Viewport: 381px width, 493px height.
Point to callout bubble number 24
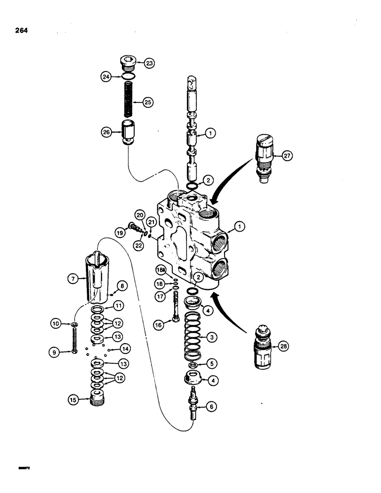pos(105,76)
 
